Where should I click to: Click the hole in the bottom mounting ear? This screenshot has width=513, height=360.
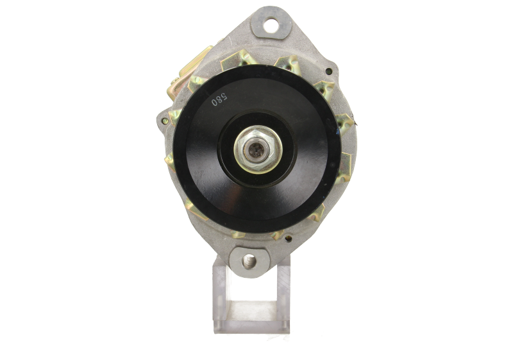tap(249, 261)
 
